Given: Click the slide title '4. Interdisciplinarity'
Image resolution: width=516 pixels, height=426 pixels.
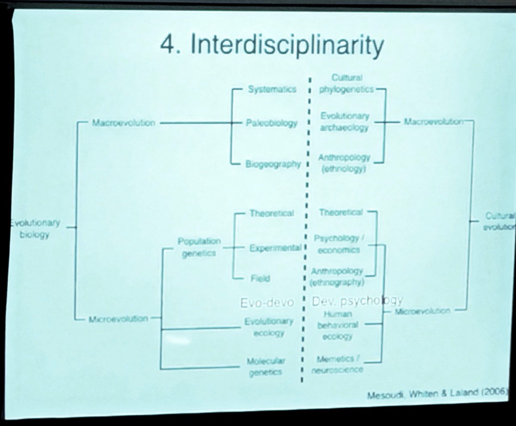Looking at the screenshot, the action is (272, 46).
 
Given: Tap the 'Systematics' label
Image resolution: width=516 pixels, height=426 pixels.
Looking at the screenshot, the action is (272, 89).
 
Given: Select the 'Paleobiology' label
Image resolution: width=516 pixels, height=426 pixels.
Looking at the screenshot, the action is (272, 123).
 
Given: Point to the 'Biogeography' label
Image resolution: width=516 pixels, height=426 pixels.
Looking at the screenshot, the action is (273, 164).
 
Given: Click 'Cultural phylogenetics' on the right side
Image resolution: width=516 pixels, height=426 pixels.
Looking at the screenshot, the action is (347, 84).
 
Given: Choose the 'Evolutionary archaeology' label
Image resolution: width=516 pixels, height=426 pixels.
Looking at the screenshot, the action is (344, 122).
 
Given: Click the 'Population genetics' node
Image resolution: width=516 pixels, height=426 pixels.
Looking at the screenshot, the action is (199, 247).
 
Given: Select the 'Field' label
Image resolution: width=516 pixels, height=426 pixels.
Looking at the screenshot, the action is (260, 278).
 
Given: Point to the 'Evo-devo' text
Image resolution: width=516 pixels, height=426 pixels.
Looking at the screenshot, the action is (267, 302).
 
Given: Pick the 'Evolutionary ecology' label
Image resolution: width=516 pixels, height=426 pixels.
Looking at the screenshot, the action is (269, 327).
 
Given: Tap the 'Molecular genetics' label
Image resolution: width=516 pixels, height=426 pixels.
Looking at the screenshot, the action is (265, 366).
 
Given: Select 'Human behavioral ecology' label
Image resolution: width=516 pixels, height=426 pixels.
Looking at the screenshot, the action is (338, 326).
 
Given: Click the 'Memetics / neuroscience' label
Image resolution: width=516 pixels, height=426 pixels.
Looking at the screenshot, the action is (340, 364).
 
